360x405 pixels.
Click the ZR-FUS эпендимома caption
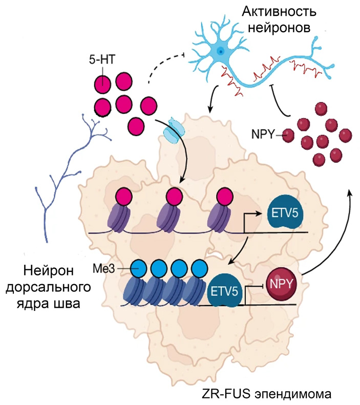click(x=267, y=394)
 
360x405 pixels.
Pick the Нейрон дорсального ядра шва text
click(x=49, y=287)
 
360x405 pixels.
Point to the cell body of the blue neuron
click(x=220, y=50)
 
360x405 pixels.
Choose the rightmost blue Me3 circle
click(x=199, y=268)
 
